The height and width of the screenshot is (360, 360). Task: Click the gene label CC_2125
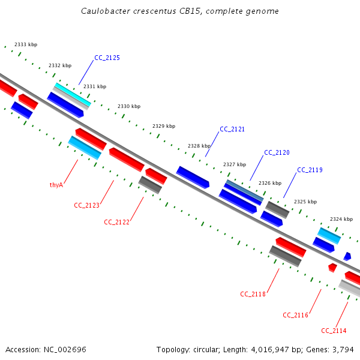[x=107, y=58]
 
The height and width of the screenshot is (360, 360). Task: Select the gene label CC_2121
[x=232, y=130]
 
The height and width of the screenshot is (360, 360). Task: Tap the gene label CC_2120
[x=277, y=152]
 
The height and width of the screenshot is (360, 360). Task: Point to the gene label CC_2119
[x=310, y=170]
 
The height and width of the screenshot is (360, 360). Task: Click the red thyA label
[x=56, y=185]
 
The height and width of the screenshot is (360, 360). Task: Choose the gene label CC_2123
[x=86, y=205]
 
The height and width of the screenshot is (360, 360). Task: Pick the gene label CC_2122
[x=116, y=222]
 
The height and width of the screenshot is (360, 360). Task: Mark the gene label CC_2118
[x=253, y=294]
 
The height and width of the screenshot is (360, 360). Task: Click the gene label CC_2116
[x=295, y=316]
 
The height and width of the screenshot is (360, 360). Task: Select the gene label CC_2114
[x=334, y=331]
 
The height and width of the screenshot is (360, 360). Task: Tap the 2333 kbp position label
[x=26, y=45]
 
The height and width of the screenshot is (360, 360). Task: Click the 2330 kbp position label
[x=129, y=106]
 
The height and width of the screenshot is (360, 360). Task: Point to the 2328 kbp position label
[x=199, y=146]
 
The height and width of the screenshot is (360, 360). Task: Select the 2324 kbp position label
[x=341, y=219]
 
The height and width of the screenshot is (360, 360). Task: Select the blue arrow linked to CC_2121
[x=192, y=177]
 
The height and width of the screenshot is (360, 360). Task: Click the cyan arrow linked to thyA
[x=85, y=148]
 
